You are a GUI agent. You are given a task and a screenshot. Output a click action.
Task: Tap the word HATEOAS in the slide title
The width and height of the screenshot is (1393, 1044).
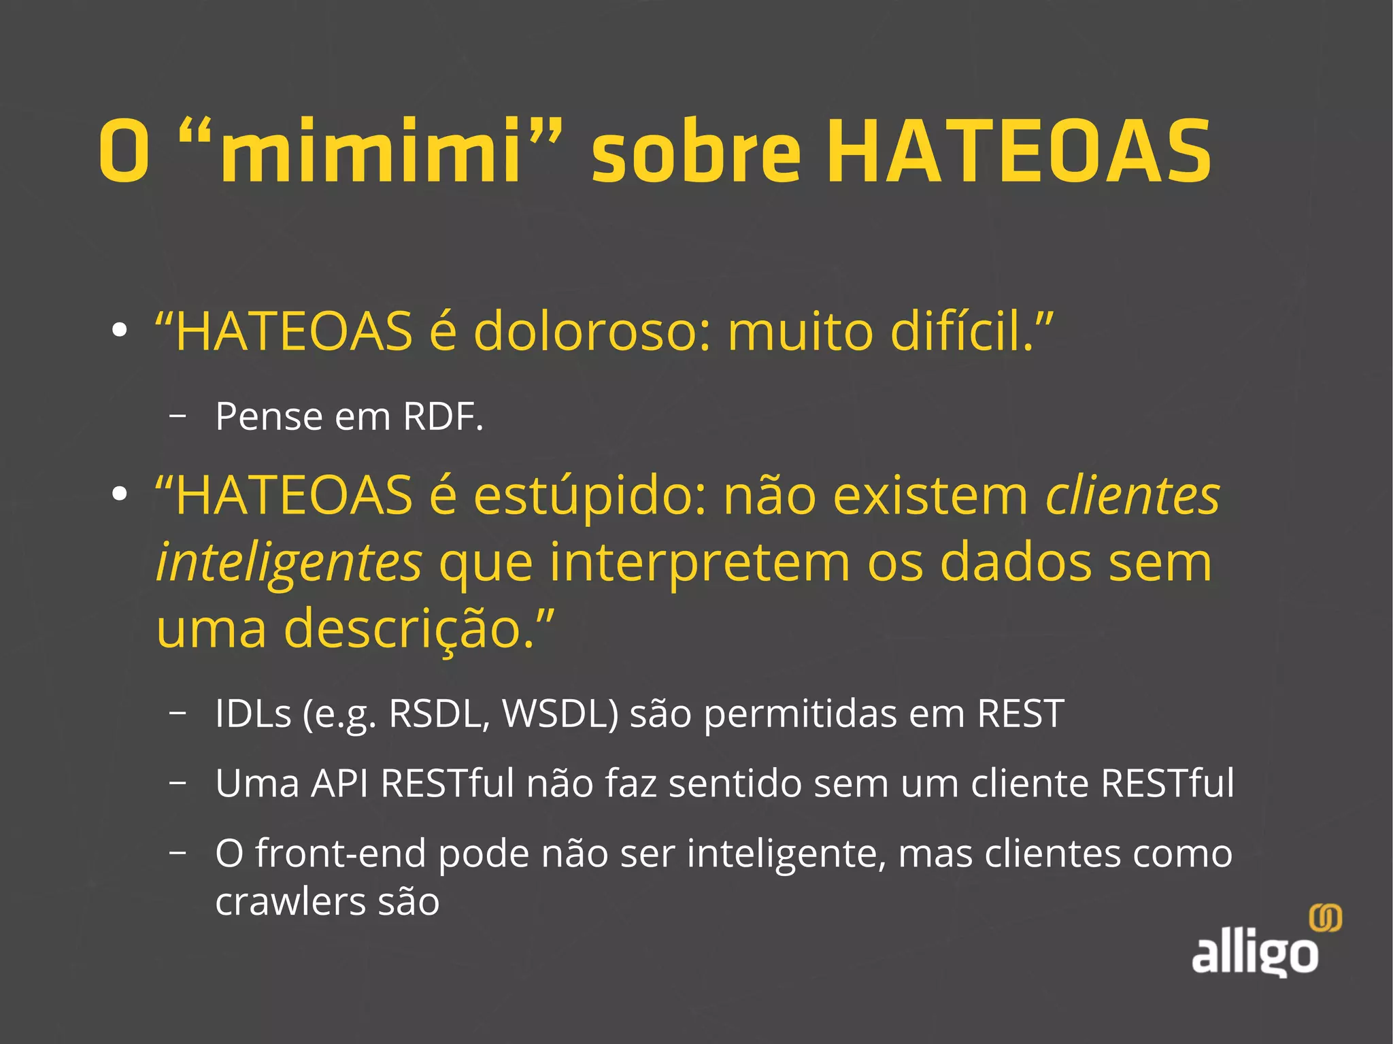[x=1018, y=152]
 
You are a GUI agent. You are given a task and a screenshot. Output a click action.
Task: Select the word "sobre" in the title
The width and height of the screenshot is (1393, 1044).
[x=696, y=152]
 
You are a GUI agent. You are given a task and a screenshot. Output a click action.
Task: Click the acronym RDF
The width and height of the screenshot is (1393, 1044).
[x=442, y=416]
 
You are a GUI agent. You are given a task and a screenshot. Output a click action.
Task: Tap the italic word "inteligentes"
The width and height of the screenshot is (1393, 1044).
[x=289, y=563]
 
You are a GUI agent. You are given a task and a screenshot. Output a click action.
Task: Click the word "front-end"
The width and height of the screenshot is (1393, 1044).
[x=340, y=854]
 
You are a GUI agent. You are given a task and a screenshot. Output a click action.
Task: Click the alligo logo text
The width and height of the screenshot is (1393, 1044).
[x=1254, y=954]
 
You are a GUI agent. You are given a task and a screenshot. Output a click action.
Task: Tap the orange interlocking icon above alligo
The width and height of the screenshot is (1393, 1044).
[x=1325, y=919]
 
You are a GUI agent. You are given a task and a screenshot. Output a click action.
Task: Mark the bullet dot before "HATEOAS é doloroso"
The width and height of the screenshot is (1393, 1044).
[x=120, y=331]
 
